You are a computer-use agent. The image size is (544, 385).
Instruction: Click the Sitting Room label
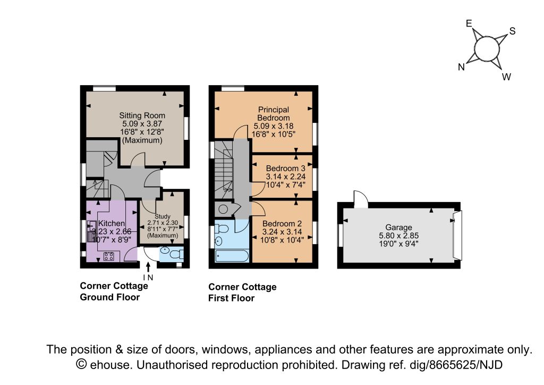pyautogui.click(x=142, y=115)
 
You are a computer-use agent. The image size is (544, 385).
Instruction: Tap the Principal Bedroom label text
pyautogui.click(x=274, y=113)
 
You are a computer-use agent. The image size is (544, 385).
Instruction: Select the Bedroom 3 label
pyautogui.click(x=285, y=169)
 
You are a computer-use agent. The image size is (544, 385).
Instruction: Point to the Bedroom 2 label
pyautogui.click(x=282, y=224)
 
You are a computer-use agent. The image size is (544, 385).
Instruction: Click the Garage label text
pyautogui.click(x=398, y=228)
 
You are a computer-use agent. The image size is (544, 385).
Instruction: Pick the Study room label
pyautogui.click(x=163, y=216)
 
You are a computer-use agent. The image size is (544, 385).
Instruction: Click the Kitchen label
pyautogui.click(x=112, y=223)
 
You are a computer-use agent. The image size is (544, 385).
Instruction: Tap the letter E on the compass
pyautogui.click(x=469, y=23)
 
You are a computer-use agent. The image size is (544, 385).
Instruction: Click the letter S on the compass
pyautogui.click(x=513, y=31)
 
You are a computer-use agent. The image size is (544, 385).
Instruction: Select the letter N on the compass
pyautogui.click(x=462, y=67)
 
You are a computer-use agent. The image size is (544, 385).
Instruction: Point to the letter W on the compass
pyautogui.click(x=506, y=77)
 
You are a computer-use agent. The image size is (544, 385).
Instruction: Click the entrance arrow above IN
pyautogui.click(x=148, y=266)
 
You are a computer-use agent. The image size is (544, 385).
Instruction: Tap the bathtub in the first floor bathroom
pyautogui.click(x=232, y=256)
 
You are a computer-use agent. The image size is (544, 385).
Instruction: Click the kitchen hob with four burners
pyautogui.click(x=108, y=256)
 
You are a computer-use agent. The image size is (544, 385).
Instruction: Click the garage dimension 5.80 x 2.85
pyautogui.click(x=398, y=236)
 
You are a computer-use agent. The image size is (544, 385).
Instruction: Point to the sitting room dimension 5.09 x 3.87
pyautogui.click(x=142, y=123)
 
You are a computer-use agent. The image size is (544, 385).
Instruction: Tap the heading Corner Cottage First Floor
pyautogui.click(x=242, y=292)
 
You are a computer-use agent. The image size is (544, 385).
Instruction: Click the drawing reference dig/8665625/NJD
pyautogui.click(x=456, y=365)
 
